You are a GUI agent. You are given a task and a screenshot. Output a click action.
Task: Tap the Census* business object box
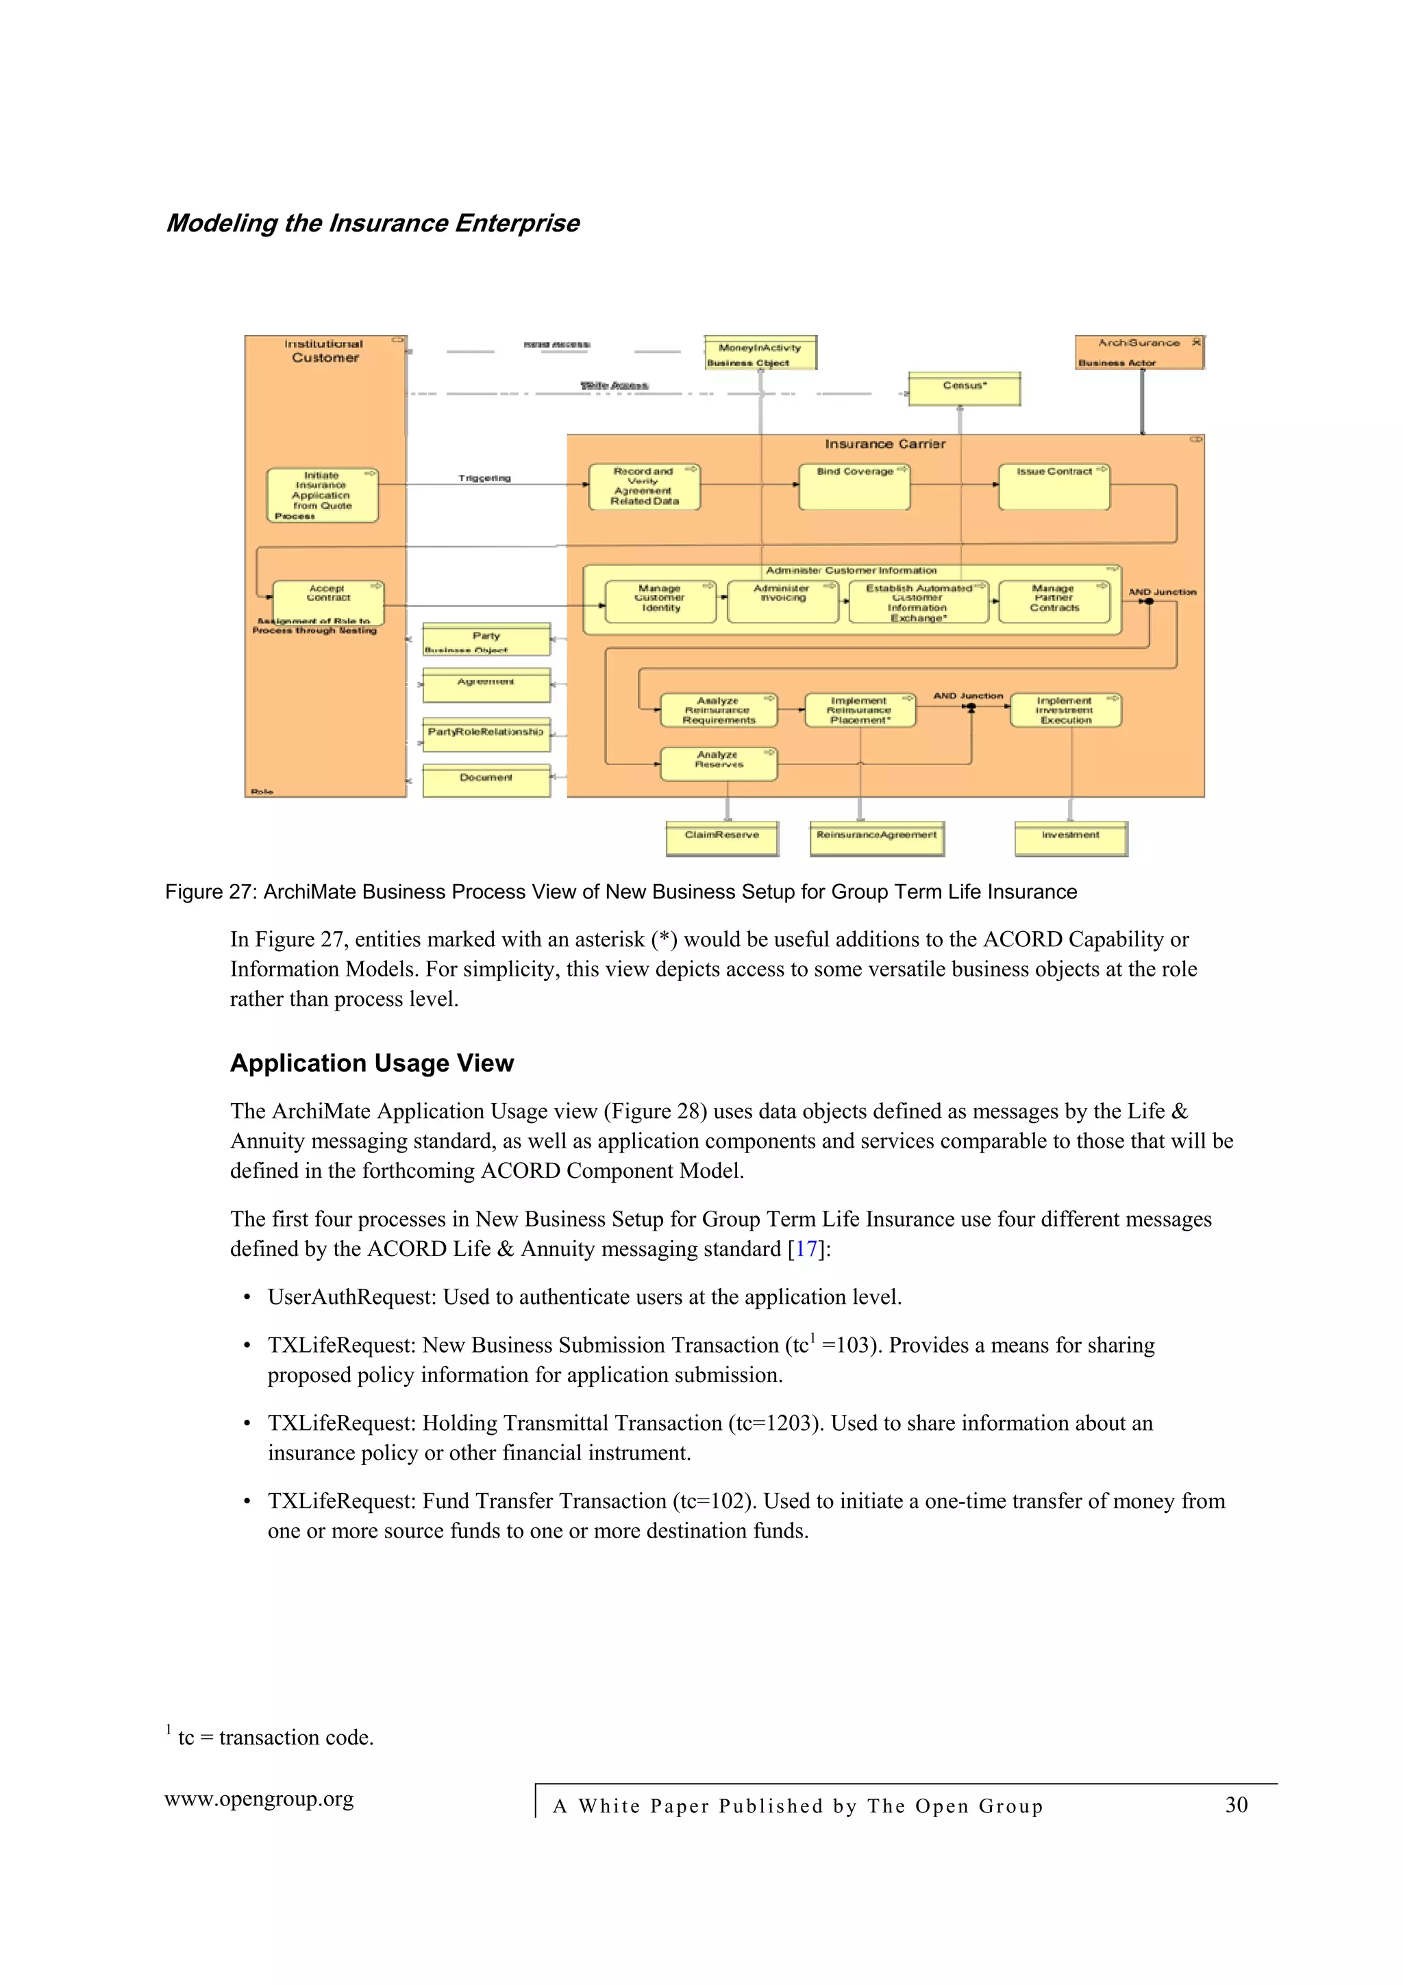coord(964,389)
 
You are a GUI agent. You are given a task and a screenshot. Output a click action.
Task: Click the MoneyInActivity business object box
coord(760,353)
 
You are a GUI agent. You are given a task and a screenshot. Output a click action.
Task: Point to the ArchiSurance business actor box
coord(1139,352)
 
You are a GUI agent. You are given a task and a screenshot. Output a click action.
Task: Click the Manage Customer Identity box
coord(660,601)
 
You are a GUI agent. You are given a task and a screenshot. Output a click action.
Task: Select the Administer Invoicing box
coord(782,601)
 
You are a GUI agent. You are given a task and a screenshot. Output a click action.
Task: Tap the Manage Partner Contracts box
coord(1054,601)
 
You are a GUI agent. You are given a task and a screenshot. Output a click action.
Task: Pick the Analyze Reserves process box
coord(719,763)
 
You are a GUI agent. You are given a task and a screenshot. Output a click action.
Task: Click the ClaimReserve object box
coord(722,838)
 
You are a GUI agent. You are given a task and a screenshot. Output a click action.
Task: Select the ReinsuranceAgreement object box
coord(877,838)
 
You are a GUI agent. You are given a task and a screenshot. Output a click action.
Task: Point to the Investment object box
coord(1070,838)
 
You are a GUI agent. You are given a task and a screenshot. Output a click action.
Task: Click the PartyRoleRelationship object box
coord(486,734)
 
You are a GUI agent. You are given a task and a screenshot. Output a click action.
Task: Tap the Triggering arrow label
coord(484,478)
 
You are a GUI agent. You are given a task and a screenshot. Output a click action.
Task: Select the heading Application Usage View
coord(372,1063)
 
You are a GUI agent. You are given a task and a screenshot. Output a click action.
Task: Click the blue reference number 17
coord(806,1249)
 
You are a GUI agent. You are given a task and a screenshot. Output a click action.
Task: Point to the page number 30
coord(1236,1804)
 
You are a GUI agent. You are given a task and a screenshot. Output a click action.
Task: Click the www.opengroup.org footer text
coord(260,1799)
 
